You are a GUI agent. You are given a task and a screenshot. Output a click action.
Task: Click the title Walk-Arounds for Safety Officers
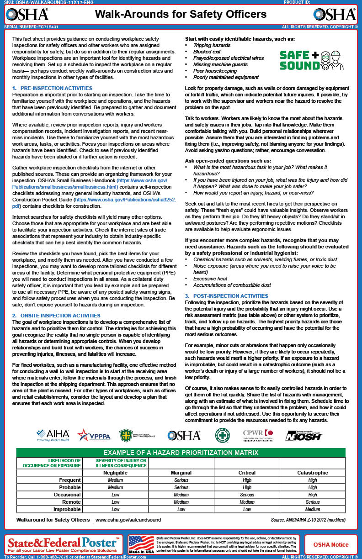pyautogui.click(x=181, y=15)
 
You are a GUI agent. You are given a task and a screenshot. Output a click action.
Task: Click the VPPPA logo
pyautogui.click(x=94, y=435)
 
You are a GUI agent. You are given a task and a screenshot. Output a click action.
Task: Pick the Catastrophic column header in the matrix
pyautogui.click(x=313, y=473)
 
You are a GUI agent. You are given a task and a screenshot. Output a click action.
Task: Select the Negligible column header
pyautogui.click(x=115, y=473)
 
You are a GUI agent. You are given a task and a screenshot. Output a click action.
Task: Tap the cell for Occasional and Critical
pyautogui.click(x=247, y=495)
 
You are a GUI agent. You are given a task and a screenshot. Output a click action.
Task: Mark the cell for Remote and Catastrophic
pyautogui.click(x=313, y=502)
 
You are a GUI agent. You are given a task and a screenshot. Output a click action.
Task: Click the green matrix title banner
pyautogui.click(x=181, y=453)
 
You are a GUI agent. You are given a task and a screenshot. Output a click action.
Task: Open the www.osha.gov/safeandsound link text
pyautogui.click(x=128, y=520)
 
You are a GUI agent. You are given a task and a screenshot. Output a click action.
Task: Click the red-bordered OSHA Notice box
pyautogui.click(x=330, y=544)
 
